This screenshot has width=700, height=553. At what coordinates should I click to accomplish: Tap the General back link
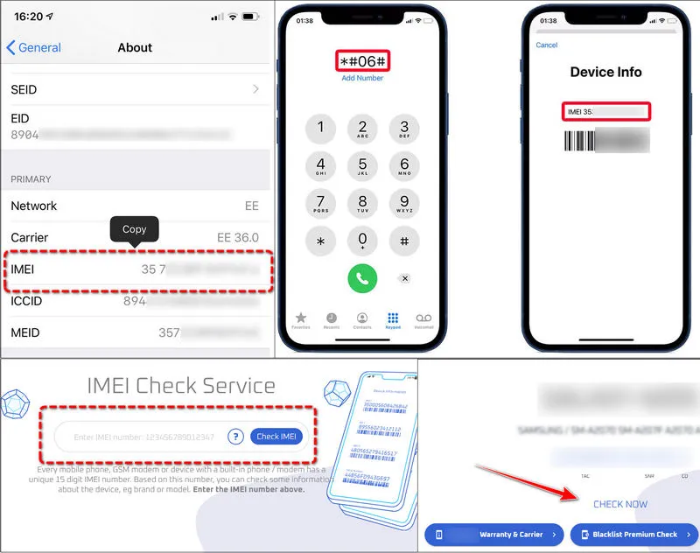[34, 47]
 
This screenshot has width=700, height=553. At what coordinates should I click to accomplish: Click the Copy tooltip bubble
[134, 229]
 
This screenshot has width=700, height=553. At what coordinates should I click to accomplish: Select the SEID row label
[24, 89]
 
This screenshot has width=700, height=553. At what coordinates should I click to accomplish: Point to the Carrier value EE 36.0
[237, 238]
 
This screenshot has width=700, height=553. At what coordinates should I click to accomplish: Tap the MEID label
[25, 332]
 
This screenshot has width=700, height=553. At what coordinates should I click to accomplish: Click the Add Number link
[362, 79]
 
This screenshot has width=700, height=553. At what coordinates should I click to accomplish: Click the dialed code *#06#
[362, 61]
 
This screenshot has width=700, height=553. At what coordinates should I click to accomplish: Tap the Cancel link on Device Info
[547, 45]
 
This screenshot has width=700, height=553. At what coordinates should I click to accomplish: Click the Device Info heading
[605, 72]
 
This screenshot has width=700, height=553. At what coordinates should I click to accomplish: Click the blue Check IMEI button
[276, 437]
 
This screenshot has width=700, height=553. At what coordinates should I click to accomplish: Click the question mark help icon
[234, 437]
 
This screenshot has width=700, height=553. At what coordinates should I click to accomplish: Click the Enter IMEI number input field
[144, 437]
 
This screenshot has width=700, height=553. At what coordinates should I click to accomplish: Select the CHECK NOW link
[620, 504]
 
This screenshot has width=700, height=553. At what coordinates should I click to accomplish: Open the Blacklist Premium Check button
[633, 534]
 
